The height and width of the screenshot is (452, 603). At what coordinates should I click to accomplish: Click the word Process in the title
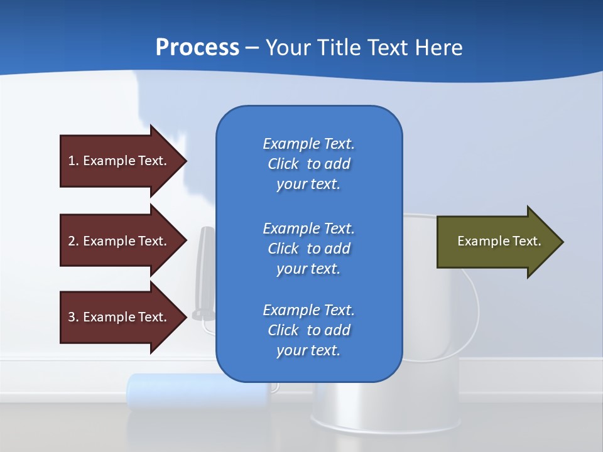coord(197,48)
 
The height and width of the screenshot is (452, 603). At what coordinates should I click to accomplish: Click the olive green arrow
coord(500,242)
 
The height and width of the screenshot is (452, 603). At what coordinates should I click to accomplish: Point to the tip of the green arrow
coord(564,242)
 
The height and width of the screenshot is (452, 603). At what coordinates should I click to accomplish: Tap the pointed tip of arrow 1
coord(187,161)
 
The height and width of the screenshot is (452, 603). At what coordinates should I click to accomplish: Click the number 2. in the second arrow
coord(74,241)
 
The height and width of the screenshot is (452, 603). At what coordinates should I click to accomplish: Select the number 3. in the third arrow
coord(74,317)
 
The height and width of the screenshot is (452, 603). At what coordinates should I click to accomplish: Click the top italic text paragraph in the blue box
coord(309,164)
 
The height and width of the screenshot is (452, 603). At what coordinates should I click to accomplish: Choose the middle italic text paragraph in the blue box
coord(309,249)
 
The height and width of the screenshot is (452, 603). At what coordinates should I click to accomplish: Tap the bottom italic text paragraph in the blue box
coord(309,330)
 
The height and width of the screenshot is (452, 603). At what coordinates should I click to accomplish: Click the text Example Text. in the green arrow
coord(499,241)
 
